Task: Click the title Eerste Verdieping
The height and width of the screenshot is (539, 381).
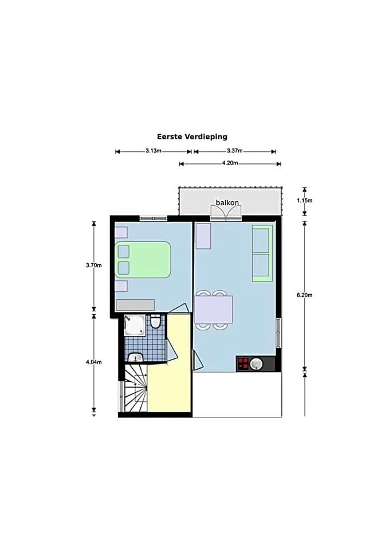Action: click(x=192, y=136)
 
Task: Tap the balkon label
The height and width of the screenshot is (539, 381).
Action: click(x=227, y=202)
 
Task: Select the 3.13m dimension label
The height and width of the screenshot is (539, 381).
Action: click(x=153, y=151)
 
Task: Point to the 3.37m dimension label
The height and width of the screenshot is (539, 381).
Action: click(x=235, y=151)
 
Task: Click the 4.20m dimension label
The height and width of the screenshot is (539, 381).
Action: click(x=230, y=163)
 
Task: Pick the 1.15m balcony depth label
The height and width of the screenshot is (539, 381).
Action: click(x=305, y=201)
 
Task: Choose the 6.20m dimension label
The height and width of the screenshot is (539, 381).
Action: click(x=304, y=295)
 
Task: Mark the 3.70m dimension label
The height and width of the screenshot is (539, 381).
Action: click(x=93, y=265)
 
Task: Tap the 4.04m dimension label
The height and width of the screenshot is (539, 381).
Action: click(x=93, y=362)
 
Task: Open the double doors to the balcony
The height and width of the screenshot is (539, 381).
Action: click(x=226, y=213)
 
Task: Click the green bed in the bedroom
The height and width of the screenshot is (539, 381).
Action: click(x=143, y=260)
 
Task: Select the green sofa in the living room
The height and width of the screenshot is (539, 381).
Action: click(x=262, y=253)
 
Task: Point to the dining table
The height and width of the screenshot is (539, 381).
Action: click(x=213, y=310)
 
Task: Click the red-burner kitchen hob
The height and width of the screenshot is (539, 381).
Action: click(x=243, y=364)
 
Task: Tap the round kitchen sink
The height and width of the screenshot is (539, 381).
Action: click(x=257, y=364)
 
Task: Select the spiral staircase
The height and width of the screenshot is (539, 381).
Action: click(x=136, y=391)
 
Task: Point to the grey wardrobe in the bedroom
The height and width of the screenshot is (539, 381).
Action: click(x=135, y=304)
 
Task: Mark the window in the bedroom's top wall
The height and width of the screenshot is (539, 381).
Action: click(x=154, y=218)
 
